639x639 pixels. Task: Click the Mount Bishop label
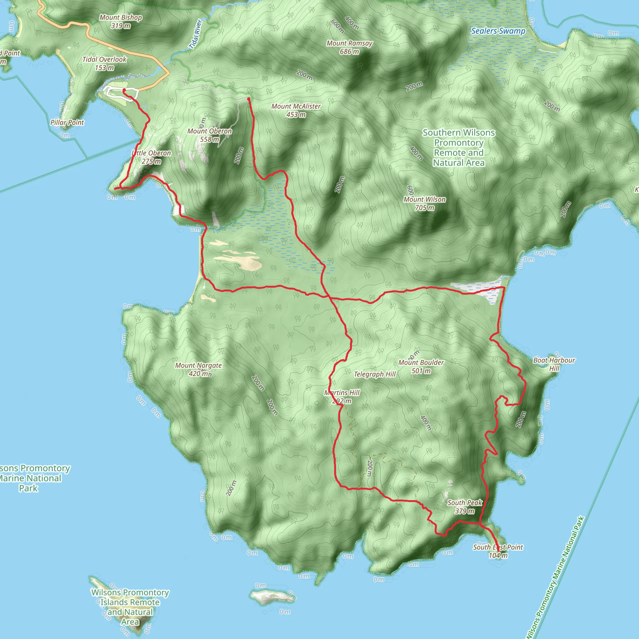click(x=121, y=17)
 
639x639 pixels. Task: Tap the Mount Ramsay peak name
click(x=349, y=43)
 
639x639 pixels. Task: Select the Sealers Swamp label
click(x=498, y=31)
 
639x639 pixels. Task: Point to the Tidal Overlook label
click(x=104, y=60)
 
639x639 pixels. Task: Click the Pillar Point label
click(x=67, y=122)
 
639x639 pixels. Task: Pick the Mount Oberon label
click(x=209, y=131)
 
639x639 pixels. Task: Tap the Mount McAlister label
click(x=296, y=106)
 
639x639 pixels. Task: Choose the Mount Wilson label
click(x=424, y=199)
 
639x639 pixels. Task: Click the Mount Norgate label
click(x=198, y=365)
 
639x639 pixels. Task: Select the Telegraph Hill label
click(x=375, y=374)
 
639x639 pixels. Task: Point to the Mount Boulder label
click(x=421, y=363)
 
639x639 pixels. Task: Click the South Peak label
click(x=465, y=503)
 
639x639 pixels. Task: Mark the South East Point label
click(x=498, y=547)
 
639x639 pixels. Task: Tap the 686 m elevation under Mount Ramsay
click(x=349, y=51)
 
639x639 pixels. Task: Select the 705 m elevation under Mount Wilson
click(x=424, y=208)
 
